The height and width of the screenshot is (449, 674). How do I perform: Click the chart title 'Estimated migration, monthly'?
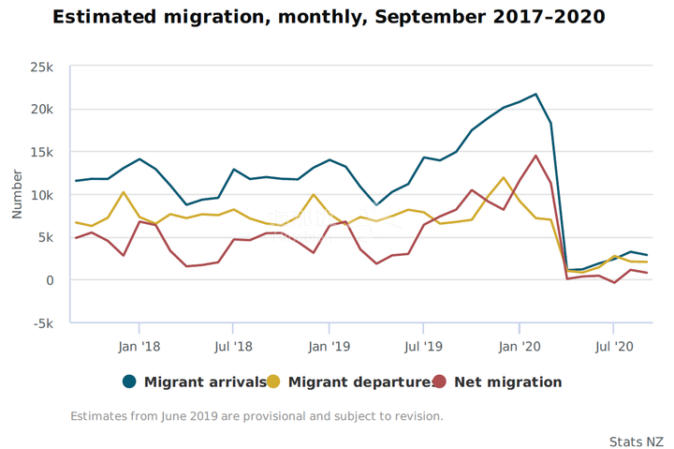329,18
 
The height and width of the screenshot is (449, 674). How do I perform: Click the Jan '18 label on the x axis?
139,346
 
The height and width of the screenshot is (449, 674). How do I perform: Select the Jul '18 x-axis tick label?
233,346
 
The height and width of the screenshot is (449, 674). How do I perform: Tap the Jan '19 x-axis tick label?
329,346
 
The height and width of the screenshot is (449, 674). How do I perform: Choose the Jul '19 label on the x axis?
423,346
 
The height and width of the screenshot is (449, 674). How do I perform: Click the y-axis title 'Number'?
17,195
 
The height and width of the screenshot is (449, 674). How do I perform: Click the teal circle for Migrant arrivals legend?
129,382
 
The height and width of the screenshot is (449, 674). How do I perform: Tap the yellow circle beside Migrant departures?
273,382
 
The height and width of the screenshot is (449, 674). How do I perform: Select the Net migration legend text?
507,382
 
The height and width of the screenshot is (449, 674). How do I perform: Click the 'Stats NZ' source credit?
636,441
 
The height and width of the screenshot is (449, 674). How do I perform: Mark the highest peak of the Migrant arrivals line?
535,94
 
